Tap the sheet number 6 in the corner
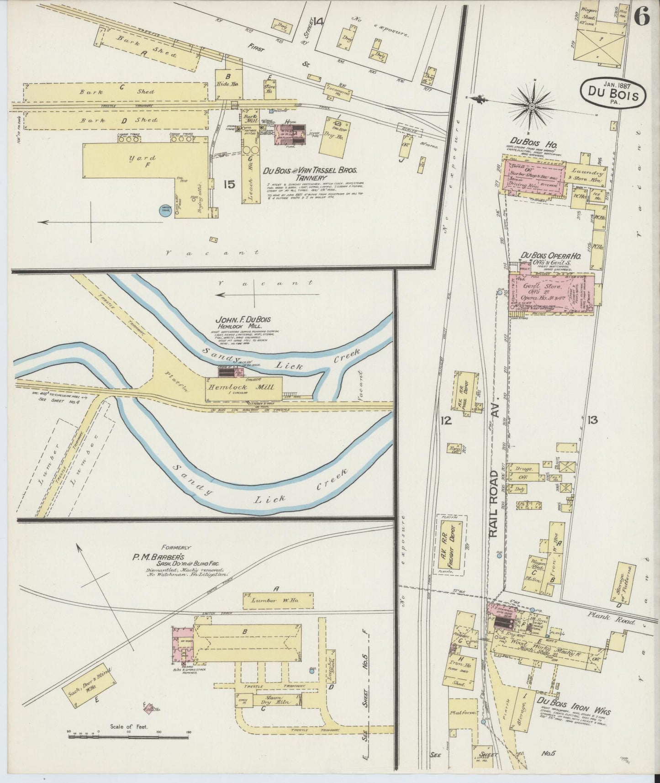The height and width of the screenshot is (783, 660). click(642, 17)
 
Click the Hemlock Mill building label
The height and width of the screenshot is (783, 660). click(242, 387)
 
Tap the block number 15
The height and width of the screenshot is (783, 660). click(229, 184)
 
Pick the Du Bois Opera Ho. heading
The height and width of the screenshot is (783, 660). click(551, 256)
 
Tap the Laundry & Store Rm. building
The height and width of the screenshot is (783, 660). click(585, 175)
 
